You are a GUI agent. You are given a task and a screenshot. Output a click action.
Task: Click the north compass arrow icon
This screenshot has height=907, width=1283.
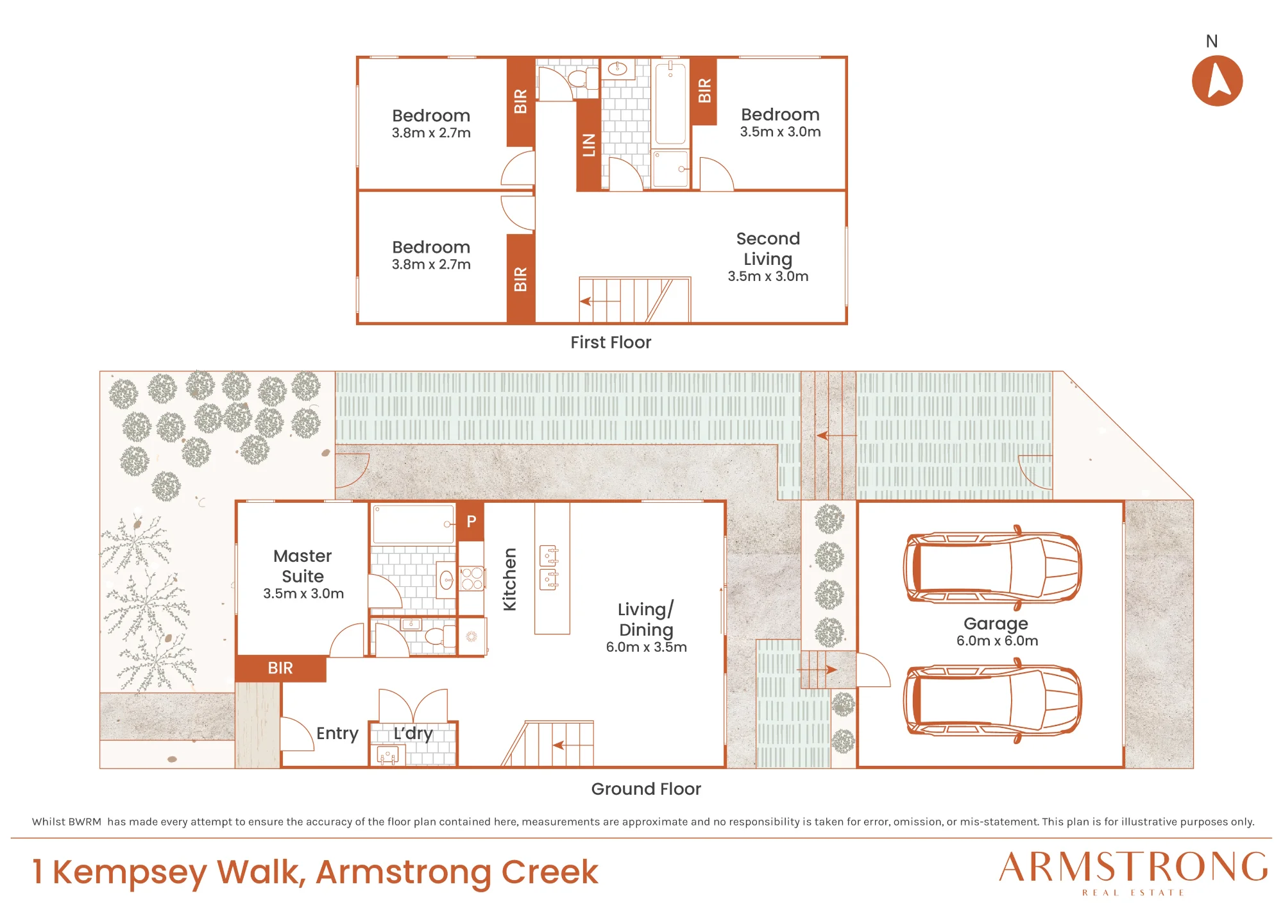1217,81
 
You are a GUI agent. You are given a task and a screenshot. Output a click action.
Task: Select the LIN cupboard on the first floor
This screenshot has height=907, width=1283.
589,144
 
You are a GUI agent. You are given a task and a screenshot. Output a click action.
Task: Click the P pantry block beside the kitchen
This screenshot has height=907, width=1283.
471,521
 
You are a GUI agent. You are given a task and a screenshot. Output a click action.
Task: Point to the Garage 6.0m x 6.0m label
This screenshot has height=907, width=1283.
997,632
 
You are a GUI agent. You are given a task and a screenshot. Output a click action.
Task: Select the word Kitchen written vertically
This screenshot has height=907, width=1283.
509,579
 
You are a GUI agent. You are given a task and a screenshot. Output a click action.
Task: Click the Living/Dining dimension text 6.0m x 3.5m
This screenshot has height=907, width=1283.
647,647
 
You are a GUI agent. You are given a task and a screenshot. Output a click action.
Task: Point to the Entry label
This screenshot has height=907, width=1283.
337,733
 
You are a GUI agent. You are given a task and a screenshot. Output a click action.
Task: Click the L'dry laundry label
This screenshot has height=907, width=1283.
413,733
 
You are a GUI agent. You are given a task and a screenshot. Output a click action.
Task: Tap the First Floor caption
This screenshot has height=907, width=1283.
611,343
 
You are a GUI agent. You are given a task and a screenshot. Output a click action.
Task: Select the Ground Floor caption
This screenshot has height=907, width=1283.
646,789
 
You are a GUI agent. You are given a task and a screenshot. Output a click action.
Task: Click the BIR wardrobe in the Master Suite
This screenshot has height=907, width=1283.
280,668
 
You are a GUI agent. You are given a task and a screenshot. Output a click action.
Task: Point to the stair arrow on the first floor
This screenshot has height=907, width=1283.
600,301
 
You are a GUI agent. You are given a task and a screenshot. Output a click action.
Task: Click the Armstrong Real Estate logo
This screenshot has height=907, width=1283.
1134,872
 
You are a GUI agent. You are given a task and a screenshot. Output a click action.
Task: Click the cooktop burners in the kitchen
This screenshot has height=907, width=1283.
472,578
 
